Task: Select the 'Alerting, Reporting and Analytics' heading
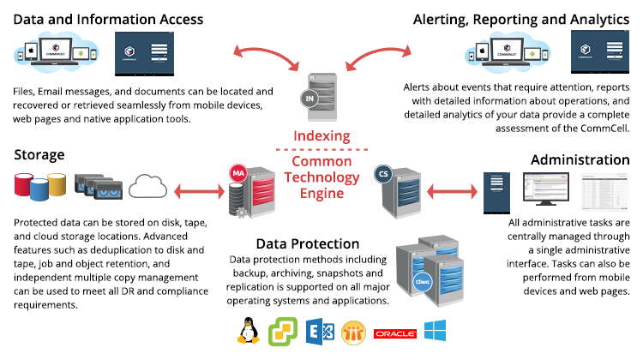click(x=521, y=18)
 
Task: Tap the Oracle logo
click(x=395, y=333)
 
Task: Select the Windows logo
click(x=435, y=332)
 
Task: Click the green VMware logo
click(x=282, y=332)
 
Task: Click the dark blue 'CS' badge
click(x=384, y=175)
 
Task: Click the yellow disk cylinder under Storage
click(x=57, y=183)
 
